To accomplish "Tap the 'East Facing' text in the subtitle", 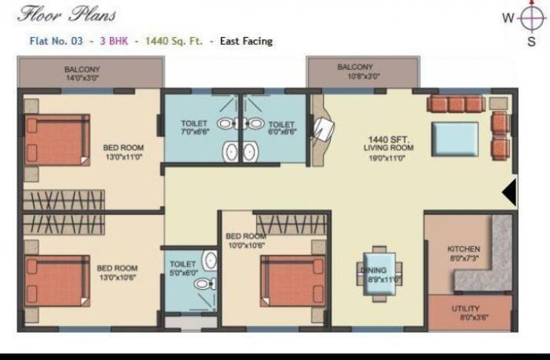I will point(247,41).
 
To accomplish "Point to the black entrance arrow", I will point(509,192).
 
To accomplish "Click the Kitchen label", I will point(464,254).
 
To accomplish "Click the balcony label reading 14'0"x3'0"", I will point(82,73).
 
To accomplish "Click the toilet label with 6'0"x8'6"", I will point(281,129).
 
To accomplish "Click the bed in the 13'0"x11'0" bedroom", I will point(57,140).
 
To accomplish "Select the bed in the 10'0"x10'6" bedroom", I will point(293,281).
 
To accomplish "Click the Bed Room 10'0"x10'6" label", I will point(245,241).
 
